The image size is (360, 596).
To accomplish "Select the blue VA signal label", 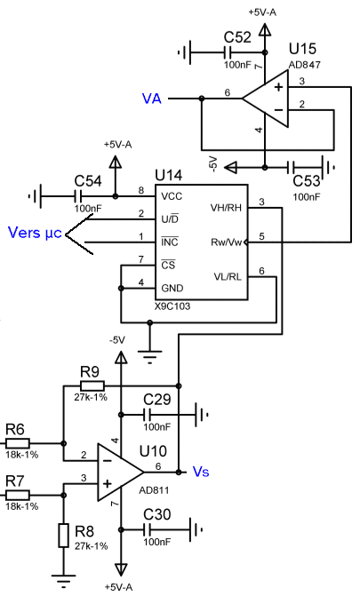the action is click(x=151, y=99).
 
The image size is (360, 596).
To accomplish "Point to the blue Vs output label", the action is click(x=201, y=472).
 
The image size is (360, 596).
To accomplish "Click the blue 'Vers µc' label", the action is click(x=35, y=233).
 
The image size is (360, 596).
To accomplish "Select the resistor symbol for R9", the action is click(x=92, y=385).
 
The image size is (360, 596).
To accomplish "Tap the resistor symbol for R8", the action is click(x=63, y=536).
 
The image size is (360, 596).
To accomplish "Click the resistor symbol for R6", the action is click(x=18, y=443).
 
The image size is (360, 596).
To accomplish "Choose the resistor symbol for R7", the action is click(x=18, y=495).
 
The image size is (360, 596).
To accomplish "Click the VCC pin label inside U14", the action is click(x=172, y=196).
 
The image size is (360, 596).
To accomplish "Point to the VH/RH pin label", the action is click(x=226, y=208).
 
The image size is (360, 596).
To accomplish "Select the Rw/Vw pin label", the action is click(x=226, y=242).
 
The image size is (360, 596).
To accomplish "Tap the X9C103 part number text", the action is click(x=172, y=306).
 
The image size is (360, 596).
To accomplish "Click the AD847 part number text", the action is click(x=304, y=65).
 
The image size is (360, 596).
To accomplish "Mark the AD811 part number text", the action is click(x=154, y=490).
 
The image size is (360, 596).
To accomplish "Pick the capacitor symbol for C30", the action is click(x=148, y=529).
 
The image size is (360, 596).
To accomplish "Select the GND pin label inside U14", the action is click(x=172, y=288).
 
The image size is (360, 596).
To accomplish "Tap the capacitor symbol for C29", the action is click(x=148, y=414).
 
